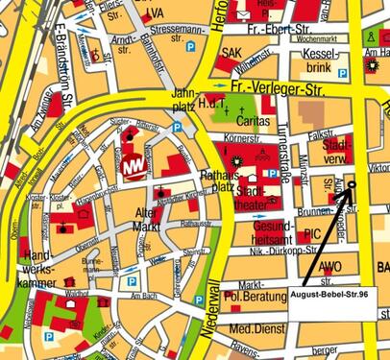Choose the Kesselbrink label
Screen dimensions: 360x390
(320, 61)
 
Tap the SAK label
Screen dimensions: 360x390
(232, 53)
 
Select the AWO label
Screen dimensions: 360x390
(332, 267)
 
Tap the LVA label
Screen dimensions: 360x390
(154, 13)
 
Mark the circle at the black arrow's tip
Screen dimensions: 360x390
(351, 184)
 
